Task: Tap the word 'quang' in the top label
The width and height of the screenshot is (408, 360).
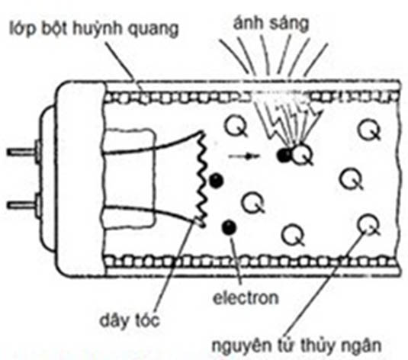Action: coord(153,31)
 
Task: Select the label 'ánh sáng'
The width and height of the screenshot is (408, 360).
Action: coord(271,24)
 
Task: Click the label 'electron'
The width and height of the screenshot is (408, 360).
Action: coord(246,297)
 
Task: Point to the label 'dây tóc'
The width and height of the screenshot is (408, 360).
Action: coord(130,320)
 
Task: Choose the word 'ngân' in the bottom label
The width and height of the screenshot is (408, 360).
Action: coord(362,346)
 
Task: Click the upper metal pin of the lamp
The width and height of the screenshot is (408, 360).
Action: coord(23,152)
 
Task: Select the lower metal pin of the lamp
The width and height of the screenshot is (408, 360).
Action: coord(23,205)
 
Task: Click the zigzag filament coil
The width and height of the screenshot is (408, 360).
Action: coord(201,179)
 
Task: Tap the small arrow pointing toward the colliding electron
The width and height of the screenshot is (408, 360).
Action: coord(244,156)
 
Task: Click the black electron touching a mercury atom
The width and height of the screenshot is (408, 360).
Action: coord(284,156)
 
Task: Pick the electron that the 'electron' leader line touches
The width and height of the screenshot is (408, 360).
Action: coord(230,227)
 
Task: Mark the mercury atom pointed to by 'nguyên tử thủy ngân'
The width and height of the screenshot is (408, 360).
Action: coord(368,225)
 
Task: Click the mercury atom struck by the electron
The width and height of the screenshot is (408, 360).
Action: coord(301,155)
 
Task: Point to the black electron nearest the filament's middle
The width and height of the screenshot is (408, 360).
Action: coord(216,181)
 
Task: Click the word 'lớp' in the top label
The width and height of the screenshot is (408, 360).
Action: coord(23,29)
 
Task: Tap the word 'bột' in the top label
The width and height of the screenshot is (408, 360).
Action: coord(54,29)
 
